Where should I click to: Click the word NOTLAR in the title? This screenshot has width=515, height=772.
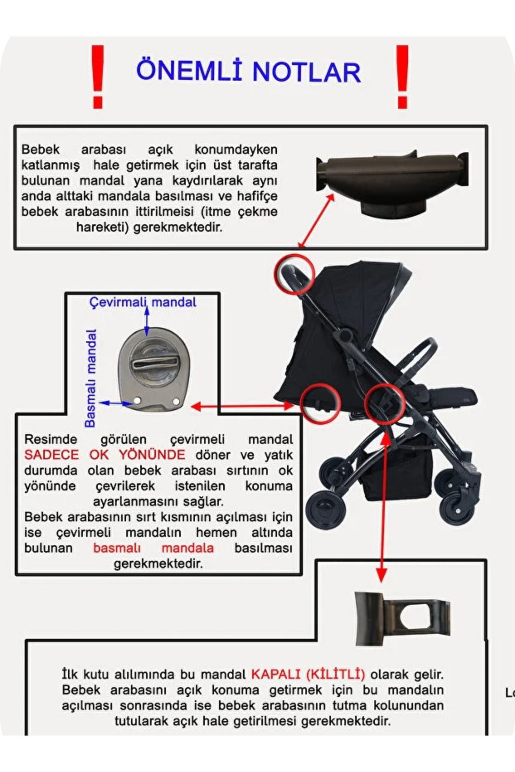click(x=306, y=72)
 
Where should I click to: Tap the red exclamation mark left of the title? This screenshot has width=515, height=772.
click(x=98, y=77)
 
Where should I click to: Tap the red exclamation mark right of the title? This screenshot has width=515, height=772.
click(x=402, y=77)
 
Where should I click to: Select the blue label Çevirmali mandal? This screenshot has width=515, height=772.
click(x=142, y=302)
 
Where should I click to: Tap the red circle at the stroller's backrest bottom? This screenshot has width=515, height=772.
click(x=320, y=404)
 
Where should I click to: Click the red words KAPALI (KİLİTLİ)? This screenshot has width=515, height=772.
click(x=308, y=674)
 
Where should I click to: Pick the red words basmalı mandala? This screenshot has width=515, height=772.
click(x=153, y=548)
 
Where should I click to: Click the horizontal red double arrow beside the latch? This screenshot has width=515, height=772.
click(x=242, y=406)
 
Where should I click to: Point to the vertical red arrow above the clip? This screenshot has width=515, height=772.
click(x=382, y=506)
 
